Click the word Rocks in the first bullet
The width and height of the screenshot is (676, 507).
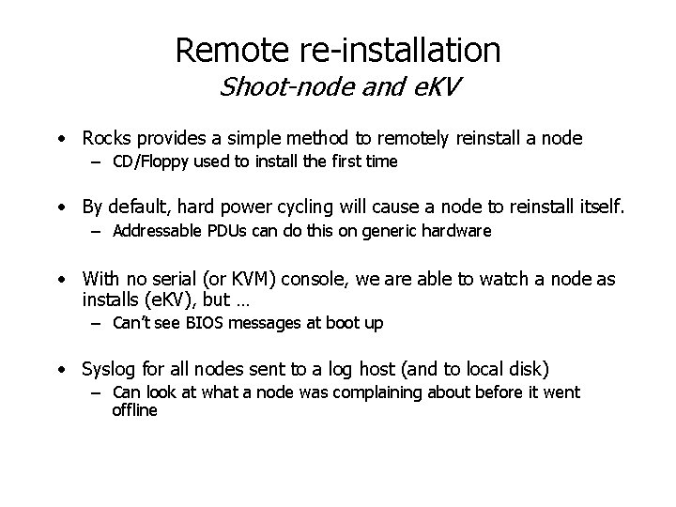105,138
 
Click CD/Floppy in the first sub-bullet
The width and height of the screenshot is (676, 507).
144,161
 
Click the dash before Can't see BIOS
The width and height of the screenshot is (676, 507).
97,324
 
